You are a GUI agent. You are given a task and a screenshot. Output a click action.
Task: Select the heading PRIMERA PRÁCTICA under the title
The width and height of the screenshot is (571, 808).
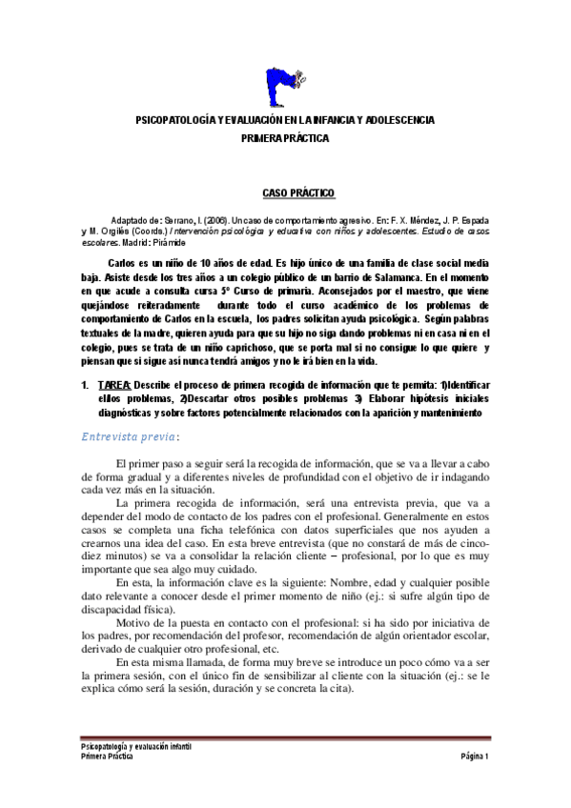pos(284,138)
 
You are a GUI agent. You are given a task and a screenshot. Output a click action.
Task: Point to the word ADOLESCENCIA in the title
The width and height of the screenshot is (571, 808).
pos(400,120)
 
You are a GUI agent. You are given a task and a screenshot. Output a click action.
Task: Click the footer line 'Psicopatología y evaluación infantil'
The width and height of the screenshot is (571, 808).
pos(135,746)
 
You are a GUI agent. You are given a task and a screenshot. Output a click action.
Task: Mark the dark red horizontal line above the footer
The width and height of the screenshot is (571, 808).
pos(285,737)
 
